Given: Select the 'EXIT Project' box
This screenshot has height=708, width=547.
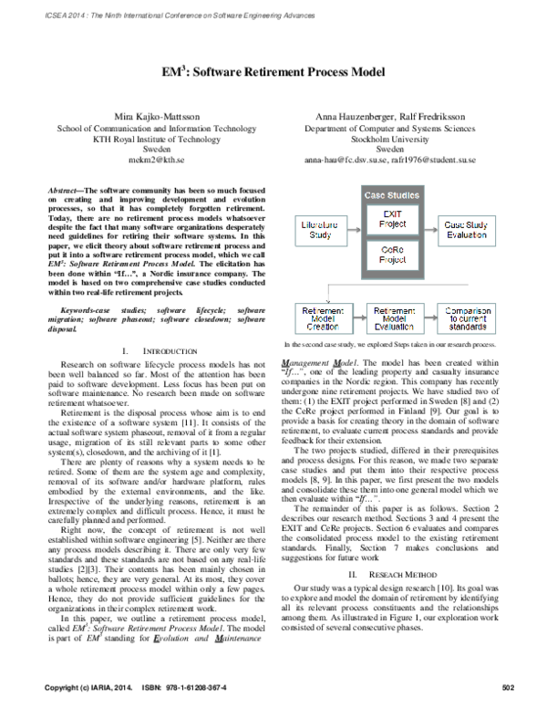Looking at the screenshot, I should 392,217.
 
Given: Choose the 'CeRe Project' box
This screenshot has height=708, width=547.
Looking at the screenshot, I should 392,253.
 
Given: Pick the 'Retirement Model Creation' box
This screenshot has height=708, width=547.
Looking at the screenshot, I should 317,318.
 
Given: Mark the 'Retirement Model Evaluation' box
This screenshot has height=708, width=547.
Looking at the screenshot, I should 392,318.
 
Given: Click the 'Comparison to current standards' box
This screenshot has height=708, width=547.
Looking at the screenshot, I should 471,318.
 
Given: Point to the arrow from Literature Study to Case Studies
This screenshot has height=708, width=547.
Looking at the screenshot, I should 351,228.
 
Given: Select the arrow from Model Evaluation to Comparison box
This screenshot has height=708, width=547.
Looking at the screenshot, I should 432,318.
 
